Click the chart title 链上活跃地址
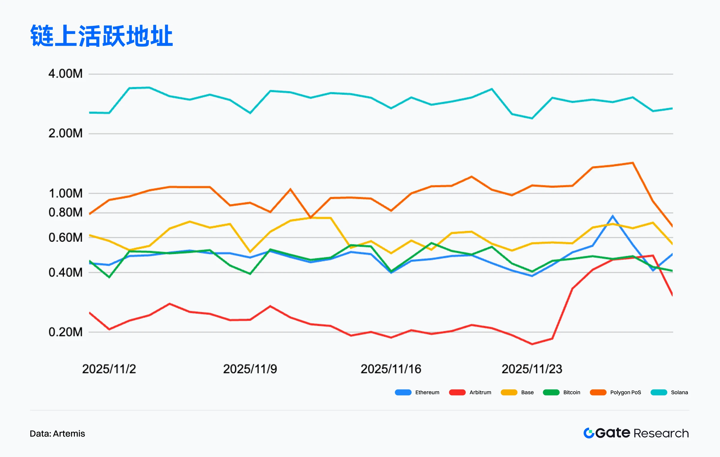(101, 36)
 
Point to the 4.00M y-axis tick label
(65, 74)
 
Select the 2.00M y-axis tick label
(65, 133)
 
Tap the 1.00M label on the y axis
(65, 193)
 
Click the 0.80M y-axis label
(65, 213)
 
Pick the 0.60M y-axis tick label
(65, 237)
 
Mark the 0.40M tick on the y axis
(65, 273)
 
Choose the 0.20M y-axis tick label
(65, 332)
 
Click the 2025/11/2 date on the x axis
(109, 369)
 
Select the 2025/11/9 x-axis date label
(250, 369)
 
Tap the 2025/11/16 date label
(391, 369)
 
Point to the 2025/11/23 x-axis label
(532, 369)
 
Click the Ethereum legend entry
(417, 393)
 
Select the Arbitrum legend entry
(470, 393)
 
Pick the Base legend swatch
(509, 393)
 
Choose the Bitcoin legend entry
(561, 393)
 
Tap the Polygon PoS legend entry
(615, 393)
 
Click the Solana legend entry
(669, 393)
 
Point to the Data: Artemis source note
(57, 434)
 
